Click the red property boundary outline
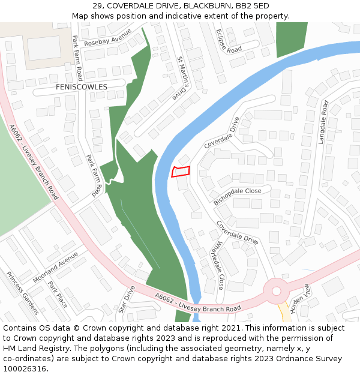pos(181,171)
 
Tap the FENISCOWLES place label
pos(81,87)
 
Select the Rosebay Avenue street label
pos(107,40)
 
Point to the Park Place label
pos(58,295)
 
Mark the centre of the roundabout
pos(276,291)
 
